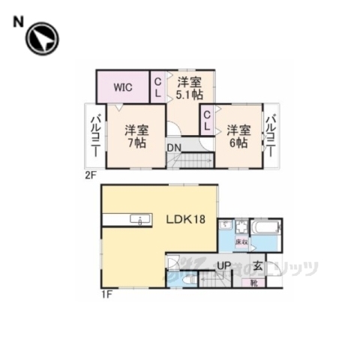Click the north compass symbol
(x=41, y=39)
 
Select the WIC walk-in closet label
(x=123, y=87)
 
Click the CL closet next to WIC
(x=159, y=87)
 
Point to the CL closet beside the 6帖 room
(x=207, y=118)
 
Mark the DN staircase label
(x=173, y=148)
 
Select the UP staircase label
(x=223, y=265)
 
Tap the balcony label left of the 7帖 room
(x=96, y=135)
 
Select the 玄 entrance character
(x=256, y=265)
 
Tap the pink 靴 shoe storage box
(x=255, y=283)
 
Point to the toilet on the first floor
(x=185, y=279)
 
